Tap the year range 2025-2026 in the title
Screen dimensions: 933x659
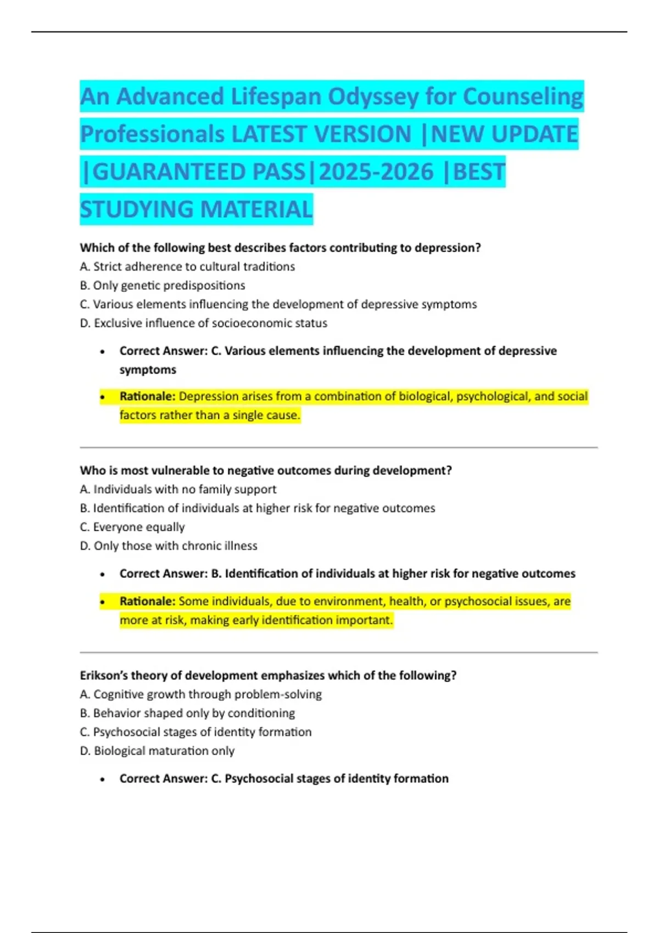[376, 172]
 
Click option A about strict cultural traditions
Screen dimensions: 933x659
[187, 267]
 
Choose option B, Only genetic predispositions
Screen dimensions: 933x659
[163, 285]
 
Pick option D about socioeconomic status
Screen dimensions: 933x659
[203, 323]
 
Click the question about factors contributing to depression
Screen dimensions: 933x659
[280, 248]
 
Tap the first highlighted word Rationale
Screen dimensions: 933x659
[147, 396]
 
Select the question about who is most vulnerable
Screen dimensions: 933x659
[266, 471]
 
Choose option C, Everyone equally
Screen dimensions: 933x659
[132, 527]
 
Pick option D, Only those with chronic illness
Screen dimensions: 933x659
[169, 546]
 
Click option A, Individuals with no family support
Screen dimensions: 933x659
[178, 490]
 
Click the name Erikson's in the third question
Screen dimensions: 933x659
[104, 676]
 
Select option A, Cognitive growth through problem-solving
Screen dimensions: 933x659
[200, 694]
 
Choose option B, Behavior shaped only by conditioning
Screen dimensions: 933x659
[187, 713]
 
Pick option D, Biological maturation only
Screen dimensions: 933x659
[157, 751]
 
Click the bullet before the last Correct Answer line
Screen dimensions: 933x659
[102, 779]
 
